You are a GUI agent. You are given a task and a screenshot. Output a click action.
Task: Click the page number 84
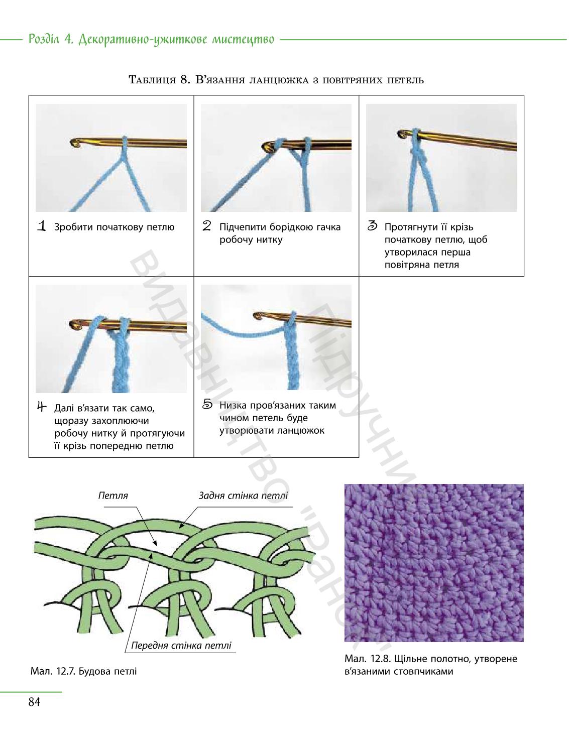click(34, 702)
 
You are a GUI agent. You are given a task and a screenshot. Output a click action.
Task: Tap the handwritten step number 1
click(42, 226)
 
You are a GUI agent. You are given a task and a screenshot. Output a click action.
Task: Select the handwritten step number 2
click(207, 226)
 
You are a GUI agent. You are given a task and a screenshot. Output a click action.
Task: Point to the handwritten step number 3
click(372, 226)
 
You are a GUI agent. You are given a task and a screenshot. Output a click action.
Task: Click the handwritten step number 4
click(42, 407)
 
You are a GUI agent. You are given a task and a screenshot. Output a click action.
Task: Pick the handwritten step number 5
click(207, 404)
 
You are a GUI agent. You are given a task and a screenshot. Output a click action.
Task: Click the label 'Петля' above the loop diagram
click(113, 496)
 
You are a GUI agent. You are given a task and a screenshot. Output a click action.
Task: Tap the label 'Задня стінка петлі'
click(243, 496)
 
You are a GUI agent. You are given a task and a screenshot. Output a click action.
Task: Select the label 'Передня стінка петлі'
click(181, 645)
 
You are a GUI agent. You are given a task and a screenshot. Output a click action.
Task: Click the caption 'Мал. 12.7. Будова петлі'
click(84, 671)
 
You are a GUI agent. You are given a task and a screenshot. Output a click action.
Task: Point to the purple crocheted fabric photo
click(434, 563)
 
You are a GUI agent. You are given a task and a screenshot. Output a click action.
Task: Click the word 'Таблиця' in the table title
click(152, 80)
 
